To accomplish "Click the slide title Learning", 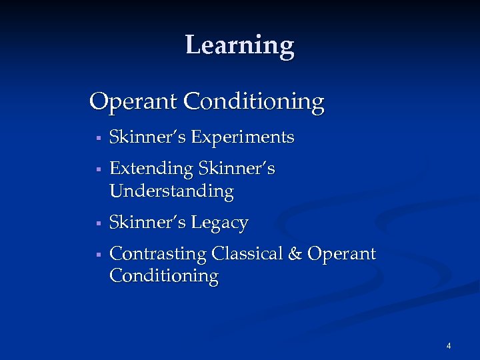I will (239, 45).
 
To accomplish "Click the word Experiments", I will (243, 137).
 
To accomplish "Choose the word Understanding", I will (171, 191).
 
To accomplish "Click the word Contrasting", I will (157, 254).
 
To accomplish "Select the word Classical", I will (247, 254).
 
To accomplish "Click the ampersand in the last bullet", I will (297, 254).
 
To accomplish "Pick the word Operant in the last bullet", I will (343, 254).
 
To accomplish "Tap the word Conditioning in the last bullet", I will (163, 275).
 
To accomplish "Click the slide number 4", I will (449, 346).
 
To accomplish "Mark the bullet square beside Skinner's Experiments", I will (97, 139).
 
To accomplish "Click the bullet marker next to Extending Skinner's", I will (97, 170).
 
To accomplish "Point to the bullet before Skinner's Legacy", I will (97, 223).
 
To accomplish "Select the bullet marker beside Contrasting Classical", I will (97, 255).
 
